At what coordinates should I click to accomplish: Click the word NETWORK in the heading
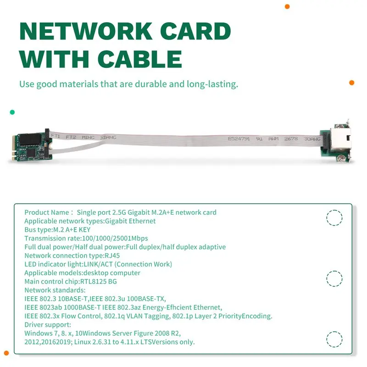coord(86,31)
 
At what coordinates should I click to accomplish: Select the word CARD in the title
coord(195,31)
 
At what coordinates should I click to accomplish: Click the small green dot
coord(12,112)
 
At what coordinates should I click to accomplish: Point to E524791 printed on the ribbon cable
coord(239,139)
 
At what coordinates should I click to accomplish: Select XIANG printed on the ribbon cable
coord(108,137)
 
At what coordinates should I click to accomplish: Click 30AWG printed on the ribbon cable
coord(312,139)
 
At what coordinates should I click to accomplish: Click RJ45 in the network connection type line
coord(112,256)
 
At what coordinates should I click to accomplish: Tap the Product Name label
coord(47,212)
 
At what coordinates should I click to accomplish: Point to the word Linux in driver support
coord(83,342)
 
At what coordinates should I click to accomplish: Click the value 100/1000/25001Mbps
coord(115,239)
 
